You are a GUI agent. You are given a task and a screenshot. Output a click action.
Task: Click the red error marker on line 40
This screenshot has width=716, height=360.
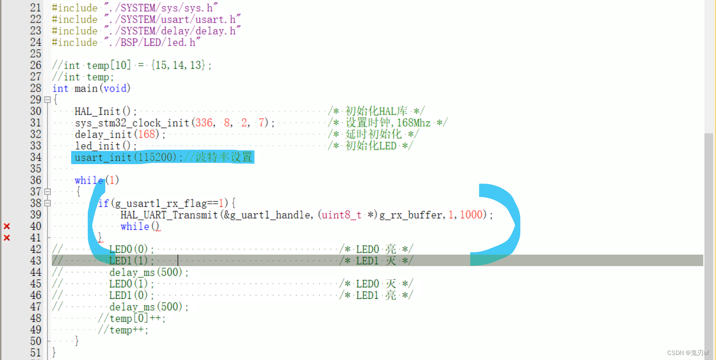point(7,226)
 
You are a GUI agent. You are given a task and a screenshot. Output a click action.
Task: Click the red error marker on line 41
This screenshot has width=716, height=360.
point(7,238)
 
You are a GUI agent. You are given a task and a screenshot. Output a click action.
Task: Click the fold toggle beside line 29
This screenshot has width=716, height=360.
point(47,100)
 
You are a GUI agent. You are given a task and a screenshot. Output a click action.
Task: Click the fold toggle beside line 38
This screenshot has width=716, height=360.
point(47,203)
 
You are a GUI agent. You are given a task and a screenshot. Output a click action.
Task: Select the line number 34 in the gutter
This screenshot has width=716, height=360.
point(35,157)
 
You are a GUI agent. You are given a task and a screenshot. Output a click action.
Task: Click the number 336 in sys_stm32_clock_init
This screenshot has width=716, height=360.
point(204,123)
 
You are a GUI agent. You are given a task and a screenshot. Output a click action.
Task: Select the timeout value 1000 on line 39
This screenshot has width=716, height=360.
point(471,215)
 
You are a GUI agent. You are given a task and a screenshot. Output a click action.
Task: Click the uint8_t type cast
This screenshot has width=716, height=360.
point(341,215)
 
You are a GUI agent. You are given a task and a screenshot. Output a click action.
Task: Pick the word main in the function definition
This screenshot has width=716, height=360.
point(86,88)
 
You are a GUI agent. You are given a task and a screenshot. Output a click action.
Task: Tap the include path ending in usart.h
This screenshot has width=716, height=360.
point(173,19)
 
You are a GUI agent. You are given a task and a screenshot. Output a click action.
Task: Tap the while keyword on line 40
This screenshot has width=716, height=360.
point(135,226)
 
